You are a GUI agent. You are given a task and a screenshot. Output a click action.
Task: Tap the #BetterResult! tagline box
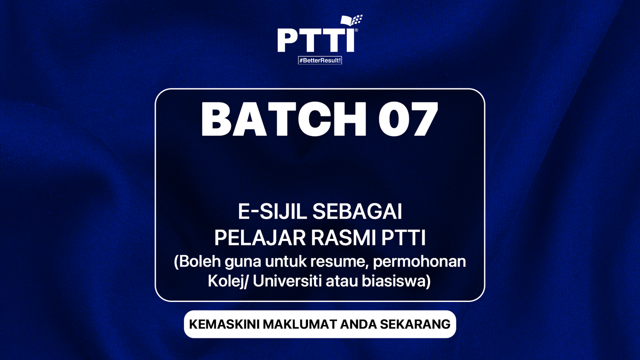point(320,61)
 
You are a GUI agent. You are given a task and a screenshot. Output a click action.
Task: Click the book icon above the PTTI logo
point(351,20)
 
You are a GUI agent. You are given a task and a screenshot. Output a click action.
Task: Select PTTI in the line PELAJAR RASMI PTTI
point(404,238)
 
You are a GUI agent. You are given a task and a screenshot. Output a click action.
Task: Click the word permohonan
point(419,261)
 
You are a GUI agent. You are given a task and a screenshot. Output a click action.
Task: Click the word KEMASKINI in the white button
point(224,324)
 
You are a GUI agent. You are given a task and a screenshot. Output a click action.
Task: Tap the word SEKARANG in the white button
point(415,324)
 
